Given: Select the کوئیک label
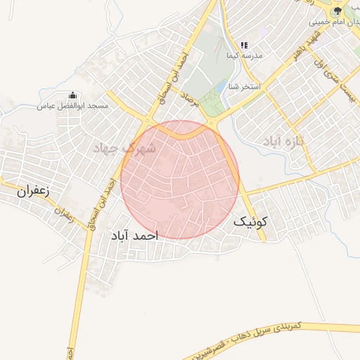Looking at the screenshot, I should tap(251, 221).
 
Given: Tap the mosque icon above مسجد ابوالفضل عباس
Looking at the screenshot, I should tap(72, 96).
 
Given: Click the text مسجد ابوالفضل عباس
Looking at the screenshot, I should tap(72, 105).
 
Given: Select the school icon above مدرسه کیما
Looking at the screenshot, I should tap(243, 45).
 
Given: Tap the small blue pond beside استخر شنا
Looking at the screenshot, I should tap(222, 87).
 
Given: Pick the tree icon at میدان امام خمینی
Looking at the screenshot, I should tap(337, 11).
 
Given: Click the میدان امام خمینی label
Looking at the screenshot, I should tap(333, 22).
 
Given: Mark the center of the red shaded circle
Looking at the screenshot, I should tap(180, 179).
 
